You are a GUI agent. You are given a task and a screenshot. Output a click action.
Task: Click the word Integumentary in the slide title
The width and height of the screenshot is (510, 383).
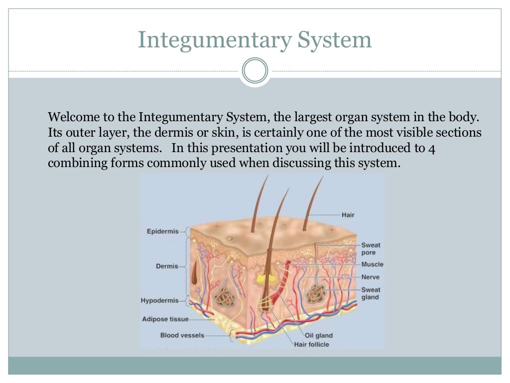coord(214,40)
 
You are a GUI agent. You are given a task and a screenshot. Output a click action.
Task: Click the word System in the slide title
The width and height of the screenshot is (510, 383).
coord(334,40)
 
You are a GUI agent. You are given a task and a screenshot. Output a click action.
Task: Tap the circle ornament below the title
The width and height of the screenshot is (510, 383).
coord(255,71)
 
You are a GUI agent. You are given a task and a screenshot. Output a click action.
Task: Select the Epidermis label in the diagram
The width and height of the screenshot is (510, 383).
coord(163,231)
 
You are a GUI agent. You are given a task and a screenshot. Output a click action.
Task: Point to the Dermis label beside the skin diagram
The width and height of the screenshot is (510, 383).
coord(167,266)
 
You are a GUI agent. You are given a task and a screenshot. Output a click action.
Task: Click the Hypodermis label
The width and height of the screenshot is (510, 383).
coord(160,301)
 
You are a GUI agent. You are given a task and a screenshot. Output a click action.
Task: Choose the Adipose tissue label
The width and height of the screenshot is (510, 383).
coord(165,319)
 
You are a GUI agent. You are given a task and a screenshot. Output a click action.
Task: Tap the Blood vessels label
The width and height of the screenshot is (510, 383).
coord(182,335)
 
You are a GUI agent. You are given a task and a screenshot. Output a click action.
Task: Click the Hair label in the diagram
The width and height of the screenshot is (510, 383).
coord(348,215)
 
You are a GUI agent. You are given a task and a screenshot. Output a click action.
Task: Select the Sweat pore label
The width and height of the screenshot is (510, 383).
coord(371,249)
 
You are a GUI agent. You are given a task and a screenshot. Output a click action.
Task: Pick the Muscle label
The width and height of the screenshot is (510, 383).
coord(372,264)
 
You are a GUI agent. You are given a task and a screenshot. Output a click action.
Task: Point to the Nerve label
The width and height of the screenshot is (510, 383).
coord(370,277)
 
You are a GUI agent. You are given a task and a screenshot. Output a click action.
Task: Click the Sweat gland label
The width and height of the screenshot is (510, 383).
coord(371,293)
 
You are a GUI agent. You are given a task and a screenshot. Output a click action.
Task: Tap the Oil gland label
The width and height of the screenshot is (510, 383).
coord(318,336)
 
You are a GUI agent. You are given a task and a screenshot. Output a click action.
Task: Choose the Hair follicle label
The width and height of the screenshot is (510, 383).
coord(311,345)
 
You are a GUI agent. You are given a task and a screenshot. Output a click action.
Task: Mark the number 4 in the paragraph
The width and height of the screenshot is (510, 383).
coord(432,149)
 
